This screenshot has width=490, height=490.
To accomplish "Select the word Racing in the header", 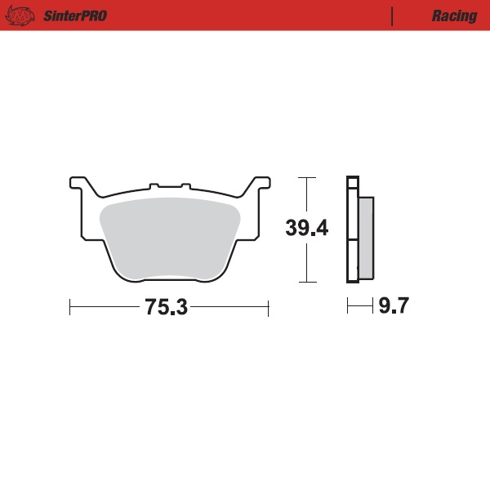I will point(454,16).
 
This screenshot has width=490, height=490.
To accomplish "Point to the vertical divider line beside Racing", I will point(393,16).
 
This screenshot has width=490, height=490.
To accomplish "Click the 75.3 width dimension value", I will point(167,308).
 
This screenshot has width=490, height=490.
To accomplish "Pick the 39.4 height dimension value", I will point(307,228).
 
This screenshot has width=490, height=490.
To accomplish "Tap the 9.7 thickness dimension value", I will point(392,307).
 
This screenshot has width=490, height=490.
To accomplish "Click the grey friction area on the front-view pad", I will point(169,237).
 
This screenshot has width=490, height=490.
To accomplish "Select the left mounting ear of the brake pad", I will point(80,183).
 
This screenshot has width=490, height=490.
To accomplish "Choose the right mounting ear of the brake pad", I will point(259,183).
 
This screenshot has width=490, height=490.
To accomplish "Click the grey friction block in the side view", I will point(366,237).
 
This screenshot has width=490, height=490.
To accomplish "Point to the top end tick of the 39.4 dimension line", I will point(306,177).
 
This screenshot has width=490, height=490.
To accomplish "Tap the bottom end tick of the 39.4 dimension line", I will point(306,283).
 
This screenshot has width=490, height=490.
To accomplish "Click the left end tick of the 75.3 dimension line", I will point(70,308).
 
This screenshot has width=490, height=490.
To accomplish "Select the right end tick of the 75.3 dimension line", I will point(269,308).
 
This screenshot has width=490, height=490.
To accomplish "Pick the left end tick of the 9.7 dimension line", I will point(348,307).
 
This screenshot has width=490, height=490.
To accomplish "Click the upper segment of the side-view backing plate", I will point(352,208).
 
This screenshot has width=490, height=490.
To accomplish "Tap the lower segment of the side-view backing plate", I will point(352,261).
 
